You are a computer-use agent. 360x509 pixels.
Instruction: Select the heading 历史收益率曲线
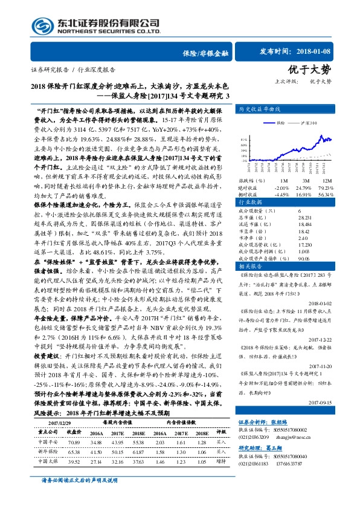259,109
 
